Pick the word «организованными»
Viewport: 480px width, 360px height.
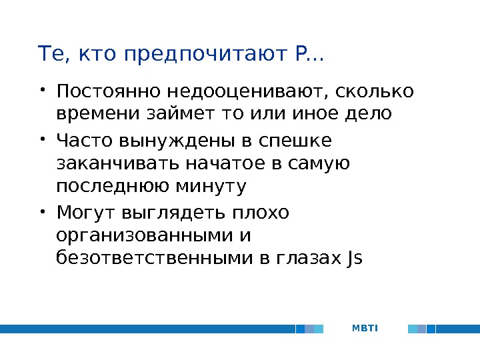click(143, 237)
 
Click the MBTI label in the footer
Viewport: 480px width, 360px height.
click(364, 329)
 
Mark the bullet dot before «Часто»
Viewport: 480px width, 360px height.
click(43, 139)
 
